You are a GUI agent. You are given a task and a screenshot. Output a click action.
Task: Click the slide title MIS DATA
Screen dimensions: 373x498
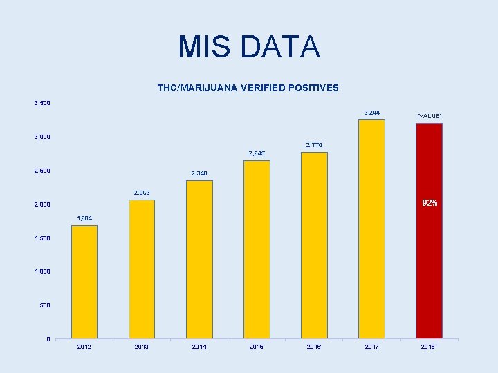coord(249,47)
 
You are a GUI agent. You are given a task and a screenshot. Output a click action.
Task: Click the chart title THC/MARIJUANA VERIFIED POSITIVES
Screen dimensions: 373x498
coord(248,88)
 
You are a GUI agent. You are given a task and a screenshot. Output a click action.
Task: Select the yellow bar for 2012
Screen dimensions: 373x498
coord(84,282)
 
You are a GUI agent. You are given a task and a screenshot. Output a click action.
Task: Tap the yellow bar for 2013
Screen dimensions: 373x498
coord(142,269)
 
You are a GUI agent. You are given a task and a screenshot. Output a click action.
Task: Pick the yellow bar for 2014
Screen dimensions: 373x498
coord(199,260)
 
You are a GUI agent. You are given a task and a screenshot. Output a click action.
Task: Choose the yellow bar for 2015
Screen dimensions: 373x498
coord(257,249)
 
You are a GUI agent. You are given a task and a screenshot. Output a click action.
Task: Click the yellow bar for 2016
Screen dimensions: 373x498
coord(314,245)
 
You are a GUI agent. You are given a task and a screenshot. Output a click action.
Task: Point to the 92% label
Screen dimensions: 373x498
coord(430,203)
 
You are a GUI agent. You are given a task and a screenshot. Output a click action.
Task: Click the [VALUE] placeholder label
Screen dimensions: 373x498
coord(429,116)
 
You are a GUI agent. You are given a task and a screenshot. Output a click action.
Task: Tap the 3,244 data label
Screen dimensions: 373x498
coord(371,112)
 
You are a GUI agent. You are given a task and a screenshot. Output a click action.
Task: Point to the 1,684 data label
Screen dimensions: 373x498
coord(84,218)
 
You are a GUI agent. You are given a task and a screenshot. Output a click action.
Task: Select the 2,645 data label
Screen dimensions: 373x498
coord(257,153)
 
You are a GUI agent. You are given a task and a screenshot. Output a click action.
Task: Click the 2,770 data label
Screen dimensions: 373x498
coord(314,145)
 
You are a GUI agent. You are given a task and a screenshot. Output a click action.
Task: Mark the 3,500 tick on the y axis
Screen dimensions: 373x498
coord(42,104)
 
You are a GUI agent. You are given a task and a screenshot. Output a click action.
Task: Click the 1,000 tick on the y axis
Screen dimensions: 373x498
coord(42,271)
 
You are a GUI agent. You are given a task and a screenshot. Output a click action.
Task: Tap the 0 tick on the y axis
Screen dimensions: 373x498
coord(48,338)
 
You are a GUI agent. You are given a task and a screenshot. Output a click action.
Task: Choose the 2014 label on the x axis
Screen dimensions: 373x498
coord(199,347)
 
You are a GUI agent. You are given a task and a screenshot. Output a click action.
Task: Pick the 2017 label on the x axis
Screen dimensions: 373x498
coord(371,347)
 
